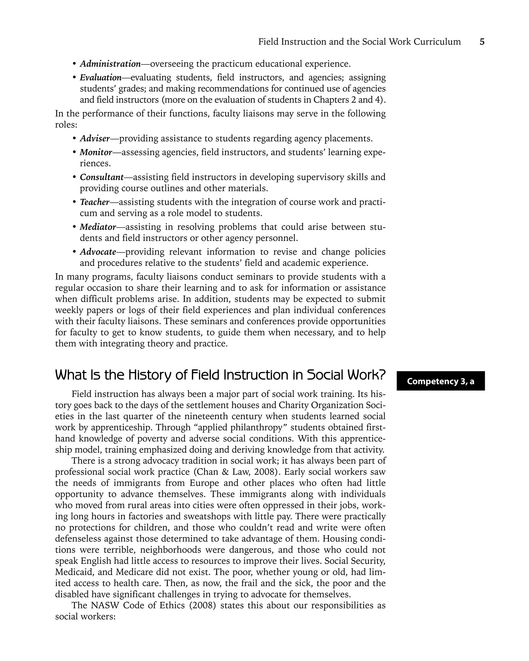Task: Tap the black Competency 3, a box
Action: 440,381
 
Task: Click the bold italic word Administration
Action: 110,64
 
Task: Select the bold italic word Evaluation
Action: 100,77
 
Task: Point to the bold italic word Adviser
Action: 95,139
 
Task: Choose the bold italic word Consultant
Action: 102,177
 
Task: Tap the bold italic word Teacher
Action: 95,202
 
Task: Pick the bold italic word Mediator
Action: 98,227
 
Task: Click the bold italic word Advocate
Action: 98,252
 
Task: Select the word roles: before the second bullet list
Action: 66,125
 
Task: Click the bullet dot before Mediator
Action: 74,227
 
